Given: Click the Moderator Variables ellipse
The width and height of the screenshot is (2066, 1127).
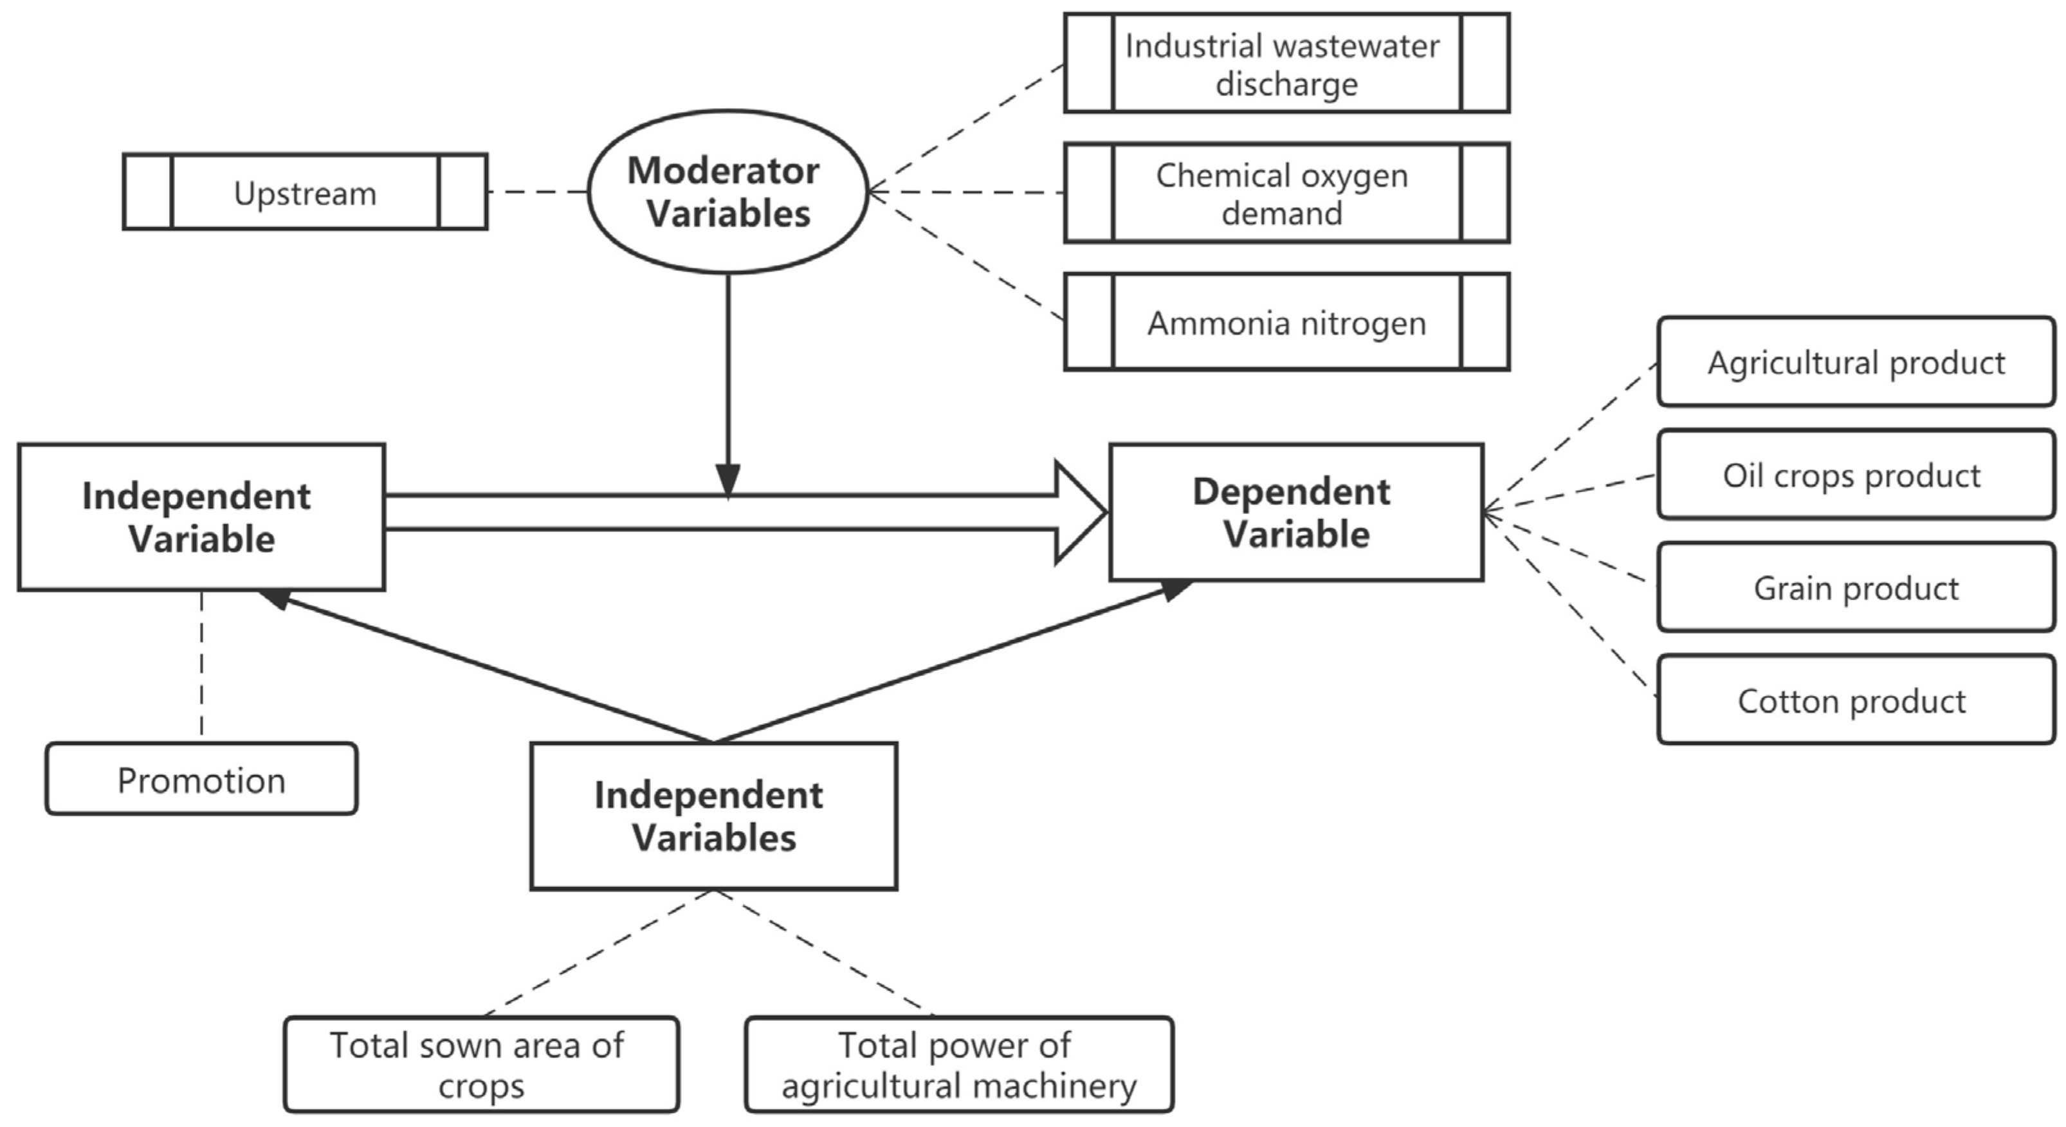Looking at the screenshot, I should [x=727, y=192].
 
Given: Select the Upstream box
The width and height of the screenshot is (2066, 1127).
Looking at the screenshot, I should [x=305, y=192].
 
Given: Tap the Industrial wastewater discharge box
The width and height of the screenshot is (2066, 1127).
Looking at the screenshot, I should [x=1286, y=64].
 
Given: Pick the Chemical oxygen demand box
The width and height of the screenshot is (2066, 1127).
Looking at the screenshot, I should [x=1286, y=194].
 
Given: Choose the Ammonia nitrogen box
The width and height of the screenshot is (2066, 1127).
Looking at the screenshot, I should [x=1286, y=322].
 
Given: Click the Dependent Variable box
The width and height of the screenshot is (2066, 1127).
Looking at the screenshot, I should [x=1296, y=513].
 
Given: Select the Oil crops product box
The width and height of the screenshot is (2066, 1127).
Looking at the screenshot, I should [x=1855, y=475].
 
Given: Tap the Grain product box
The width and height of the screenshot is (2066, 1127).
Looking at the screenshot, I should [x=1855, y=588].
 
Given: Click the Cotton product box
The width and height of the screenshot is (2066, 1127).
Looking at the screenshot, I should [x=1855, y=701].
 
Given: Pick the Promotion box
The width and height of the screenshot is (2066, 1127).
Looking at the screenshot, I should [x=201, y=780].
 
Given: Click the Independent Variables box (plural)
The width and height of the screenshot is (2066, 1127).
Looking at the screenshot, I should [x=713, y=816].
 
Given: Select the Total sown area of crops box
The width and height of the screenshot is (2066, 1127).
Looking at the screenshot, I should [x=481, y=1065].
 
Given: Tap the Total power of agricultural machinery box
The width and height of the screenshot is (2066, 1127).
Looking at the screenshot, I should [x=958, y=1065].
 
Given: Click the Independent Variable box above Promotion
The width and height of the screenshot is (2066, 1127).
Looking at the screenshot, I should [x=201, y=517].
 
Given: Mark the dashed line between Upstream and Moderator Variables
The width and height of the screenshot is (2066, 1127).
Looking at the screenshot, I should [x=537, y=192].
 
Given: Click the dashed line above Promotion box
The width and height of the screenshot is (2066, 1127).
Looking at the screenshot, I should [x=201, y=666].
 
